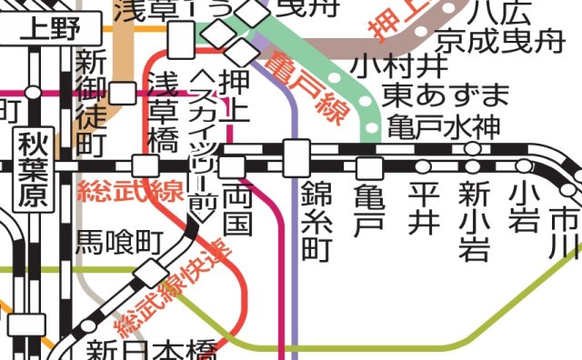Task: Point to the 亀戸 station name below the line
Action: coord(369,210)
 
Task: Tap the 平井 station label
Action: coord(423,208)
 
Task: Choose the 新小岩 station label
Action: coord(474,219)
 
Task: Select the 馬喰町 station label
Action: coord(117,242)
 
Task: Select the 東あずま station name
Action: coord(445,95)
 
